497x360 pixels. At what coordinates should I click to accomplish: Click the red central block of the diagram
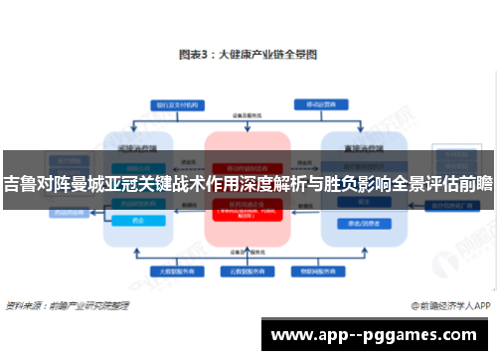[248, 189]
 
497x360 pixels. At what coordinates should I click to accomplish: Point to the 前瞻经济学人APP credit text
[442, 305]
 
